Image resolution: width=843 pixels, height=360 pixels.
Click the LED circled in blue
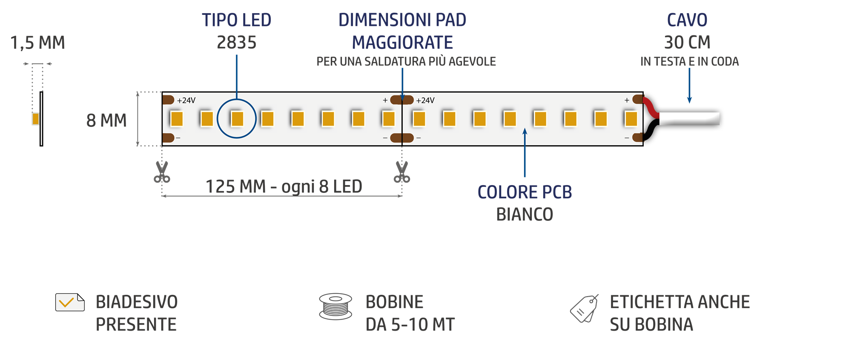tap(237, 119)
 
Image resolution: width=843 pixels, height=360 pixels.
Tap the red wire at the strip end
tap(651, 107)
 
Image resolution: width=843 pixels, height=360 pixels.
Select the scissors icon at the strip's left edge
tap(162, 172)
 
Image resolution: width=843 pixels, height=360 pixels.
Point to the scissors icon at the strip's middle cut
tap(402, 172)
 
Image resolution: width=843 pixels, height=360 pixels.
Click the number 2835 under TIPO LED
tap(237, 43)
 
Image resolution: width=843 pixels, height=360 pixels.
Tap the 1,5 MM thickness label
tap(37, 43)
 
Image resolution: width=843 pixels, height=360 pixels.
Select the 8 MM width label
tap(106, 120)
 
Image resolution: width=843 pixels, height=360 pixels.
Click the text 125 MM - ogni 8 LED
tap(284, 186)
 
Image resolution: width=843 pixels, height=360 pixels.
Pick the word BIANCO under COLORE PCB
tap(525, 214)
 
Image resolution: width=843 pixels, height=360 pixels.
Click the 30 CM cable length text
tap(687, 43)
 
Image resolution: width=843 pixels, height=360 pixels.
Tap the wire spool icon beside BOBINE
tap(335, 306)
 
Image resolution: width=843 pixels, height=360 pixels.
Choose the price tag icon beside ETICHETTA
tap(584, 309)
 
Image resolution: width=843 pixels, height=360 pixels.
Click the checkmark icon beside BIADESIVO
tap(70, 302)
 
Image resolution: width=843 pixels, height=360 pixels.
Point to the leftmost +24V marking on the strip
tap(186, 100)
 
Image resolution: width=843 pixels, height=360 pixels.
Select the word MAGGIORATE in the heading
tap(402, 43)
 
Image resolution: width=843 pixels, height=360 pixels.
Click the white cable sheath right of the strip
tap(689, 119)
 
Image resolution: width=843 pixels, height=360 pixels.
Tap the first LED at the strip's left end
tap(177, 119)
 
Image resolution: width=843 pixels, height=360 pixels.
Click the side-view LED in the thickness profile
tap(36, 119)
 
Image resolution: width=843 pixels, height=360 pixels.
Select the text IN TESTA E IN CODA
tap(689, 62)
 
